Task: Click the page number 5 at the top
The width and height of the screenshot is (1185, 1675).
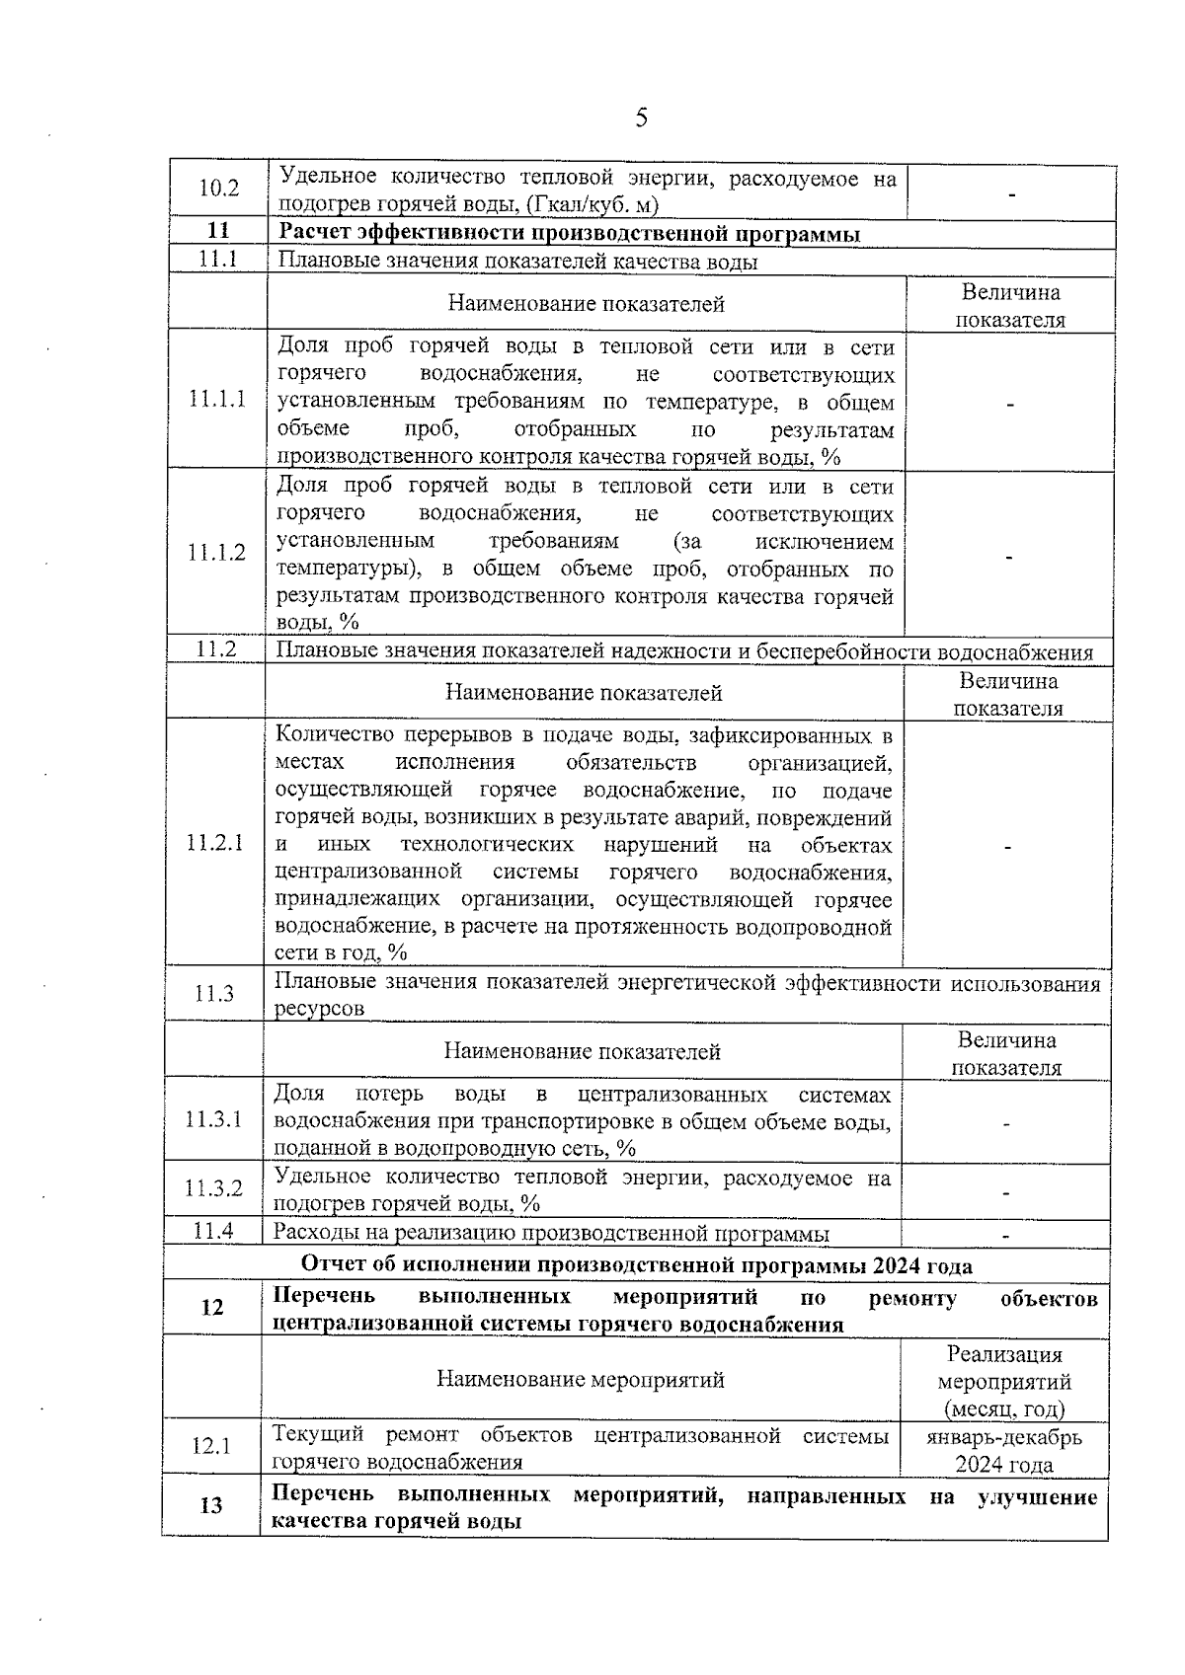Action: pos(641,119)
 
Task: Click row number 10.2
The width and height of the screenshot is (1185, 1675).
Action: pos(219,188)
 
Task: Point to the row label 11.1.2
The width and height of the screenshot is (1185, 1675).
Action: pos(217,552)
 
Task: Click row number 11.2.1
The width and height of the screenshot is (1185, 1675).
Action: pos(215,843)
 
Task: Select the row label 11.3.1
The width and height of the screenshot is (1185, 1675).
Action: pos(213,1119)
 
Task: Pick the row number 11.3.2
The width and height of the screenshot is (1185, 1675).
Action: pos(213,1188)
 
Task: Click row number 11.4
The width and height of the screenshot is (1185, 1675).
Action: pos(213,1231)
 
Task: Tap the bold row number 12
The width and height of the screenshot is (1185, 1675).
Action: pos(212,1307)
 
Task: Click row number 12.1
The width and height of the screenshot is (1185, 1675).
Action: pos(211,1446)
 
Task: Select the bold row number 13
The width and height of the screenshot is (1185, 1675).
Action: pos(211,1506)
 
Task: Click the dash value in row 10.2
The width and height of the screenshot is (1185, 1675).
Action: pos(1011,194)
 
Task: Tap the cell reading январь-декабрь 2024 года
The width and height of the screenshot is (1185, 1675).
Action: pos(1004,1450)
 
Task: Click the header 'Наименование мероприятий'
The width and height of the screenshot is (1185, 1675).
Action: pos(581,1379)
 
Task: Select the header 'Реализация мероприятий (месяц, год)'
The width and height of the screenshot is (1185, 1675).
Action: pos(1004,1381)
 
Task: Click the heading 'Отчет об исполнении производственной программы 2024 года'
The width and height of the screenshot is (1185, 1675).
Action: pos(636,1265)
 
